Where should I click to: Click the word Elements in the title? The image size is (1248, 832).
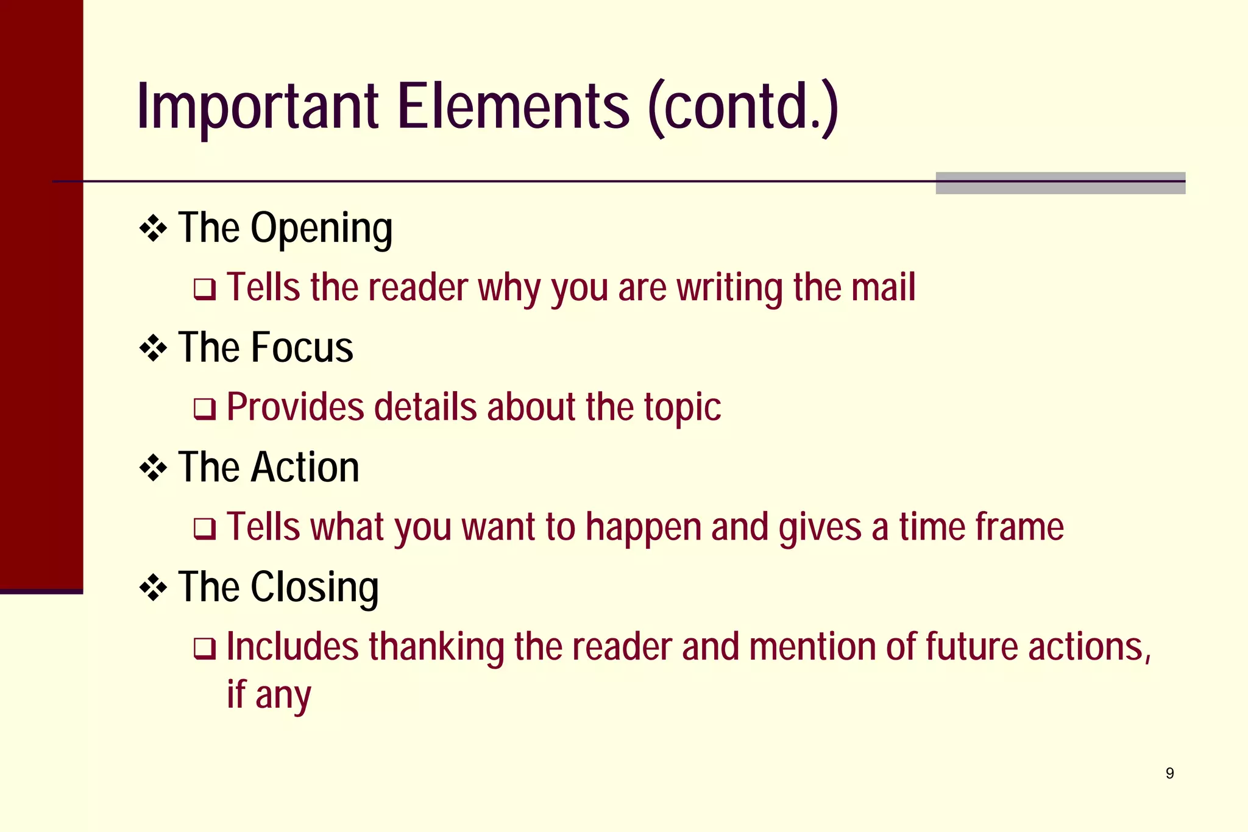513,107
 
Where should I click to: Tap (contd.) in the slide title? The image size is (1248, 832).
743,107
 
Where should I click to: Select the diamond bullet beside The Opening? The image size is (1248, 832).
153,229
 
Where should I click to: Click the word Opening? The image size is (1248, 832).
321,229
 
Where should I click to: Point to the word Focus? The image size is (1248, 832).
302,348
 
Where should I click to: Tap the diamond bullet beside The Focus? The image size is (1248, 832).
153,349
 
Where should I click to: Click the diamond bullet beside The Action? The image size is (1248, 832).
153,468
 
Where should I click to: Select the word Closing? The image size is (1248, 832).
314,587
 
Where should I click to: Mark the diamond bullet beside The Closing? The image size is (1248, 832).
153,588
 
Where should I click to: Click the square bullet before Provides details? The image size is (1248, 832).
204,409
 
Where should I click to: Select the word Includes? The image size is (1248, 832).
292,647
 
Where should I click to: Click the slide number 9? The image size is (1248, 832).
1169,774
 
